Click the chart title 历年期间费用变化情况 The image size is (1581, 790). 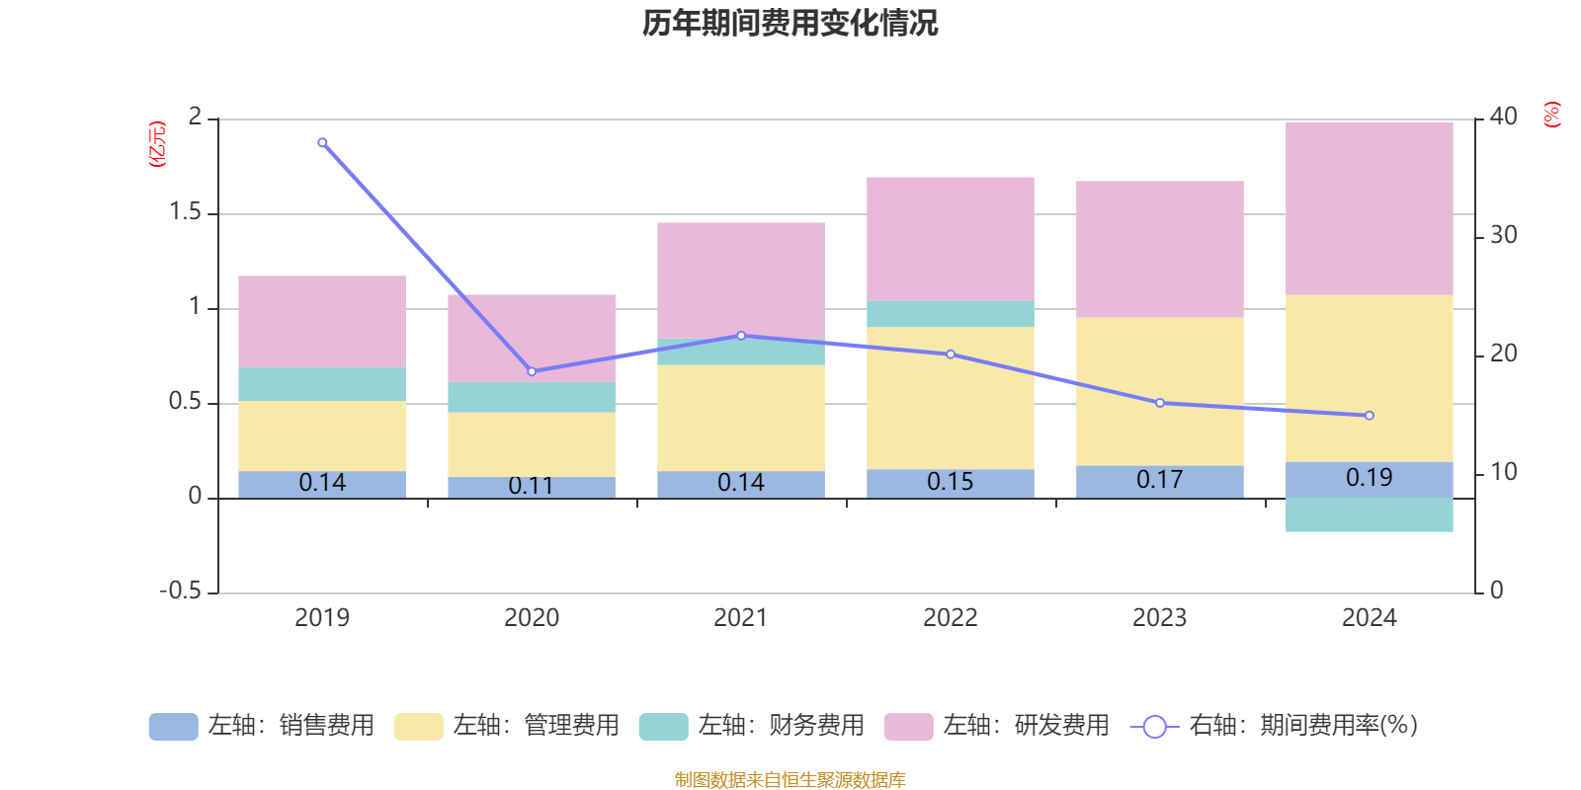pos(790,23)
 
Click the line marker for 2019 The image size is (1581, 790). pos(322,143)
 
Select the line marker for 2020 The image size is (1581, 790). pos(532,371)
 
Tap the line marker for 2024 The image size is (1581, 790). pos(1370,416)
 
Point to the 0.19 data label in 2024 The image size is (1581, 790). pos(1370,478)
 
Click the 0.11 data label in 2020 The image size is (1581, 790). pos(531,486)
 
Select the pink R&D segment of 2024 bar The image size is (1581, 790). pos(1370,207)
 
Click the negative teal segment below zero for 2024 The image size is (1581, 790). pos(1370,514)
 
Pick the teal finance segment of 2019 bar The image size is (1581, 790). pos(322,384)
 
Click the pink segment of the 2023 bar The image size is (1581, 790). pos(1160,249)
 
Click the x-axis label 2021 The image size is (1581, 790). pos(740,618)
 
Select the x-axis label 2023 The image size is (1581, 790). pos(1159,618)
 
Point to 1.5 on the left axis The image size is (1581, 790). pos(185,212)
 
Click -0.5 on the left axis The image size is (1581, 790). pos(180,591)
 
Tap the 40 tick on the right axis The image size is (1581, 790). pos(1503,117)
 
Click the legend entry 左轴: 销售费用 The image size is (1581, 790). pos(262,726)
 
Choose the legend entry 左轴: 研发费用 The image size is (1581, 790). pos(997,726)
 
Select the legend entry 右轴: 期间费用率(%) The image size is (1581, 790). pos(1275,726)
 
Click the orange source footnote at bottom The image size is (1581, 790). pos(790,780)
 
